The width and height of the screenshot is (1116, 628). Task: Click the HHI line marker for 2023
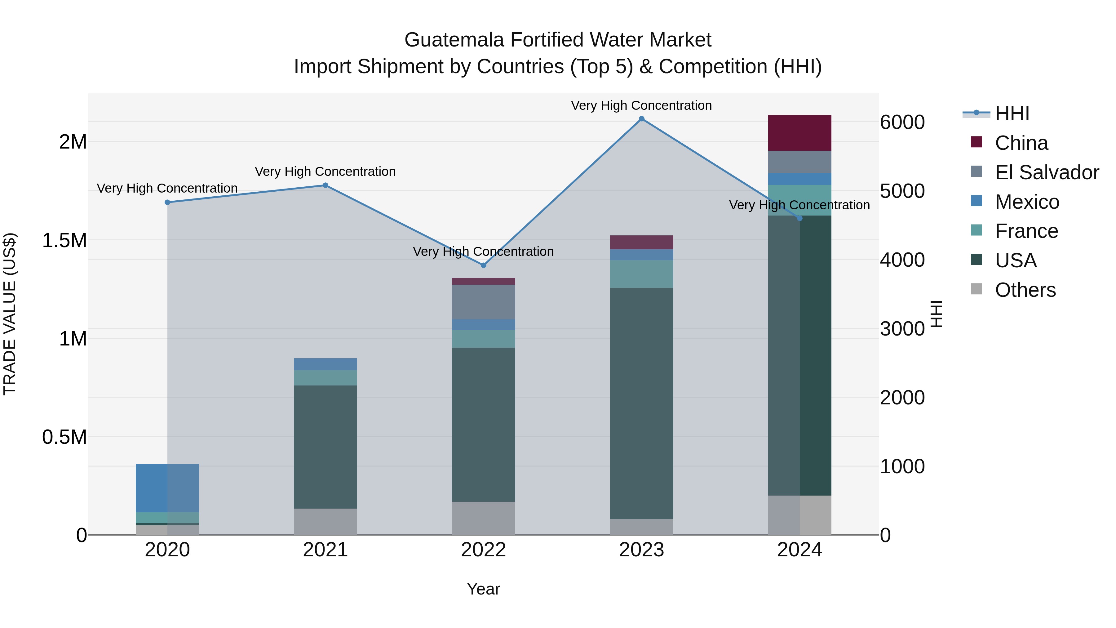tap(642, 119)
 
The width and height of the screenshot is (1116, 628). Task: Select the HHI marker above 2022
tap(484, 265)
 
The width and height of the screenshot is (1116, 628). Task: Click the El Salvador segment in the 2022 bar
tap(484, 302)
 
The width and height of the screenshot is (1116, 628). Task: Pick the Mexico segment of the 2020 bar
tap(167, 488)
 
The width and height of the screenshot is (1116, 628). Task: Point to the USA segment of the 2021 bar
tap(325, 446)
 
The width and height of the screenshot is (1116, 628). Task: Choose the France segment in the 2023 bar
tap(642, 274)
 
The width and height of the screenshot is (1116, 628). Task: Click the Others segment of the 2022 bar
tap(484, 518)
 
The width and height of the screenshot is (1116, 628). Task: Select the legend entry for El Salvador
tap(1046, 172)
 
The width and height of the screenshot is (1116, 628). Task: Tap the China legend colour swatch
tap(976, 142)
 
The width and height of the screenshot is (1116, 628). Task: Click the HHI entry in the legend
tap(1012, 114)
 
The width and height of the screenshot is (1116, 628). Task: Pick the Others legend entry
tap(1025, 290)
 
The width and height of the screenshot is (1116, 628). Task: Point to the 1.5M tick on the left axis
tap(64, 240)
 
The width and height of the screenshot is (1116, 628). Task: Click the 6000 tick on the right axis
tap(902, 122)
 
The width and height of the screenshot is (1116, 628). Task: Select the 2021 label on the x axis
tap(325, 550)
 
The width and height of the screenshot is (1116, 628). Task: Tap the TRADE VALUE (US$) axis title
tap(10, 314)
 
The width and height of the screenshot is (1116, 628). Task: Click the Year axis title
tap(484, 589)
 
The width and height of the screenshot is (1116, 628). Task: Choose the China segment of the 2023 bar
tap(642, 242)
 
